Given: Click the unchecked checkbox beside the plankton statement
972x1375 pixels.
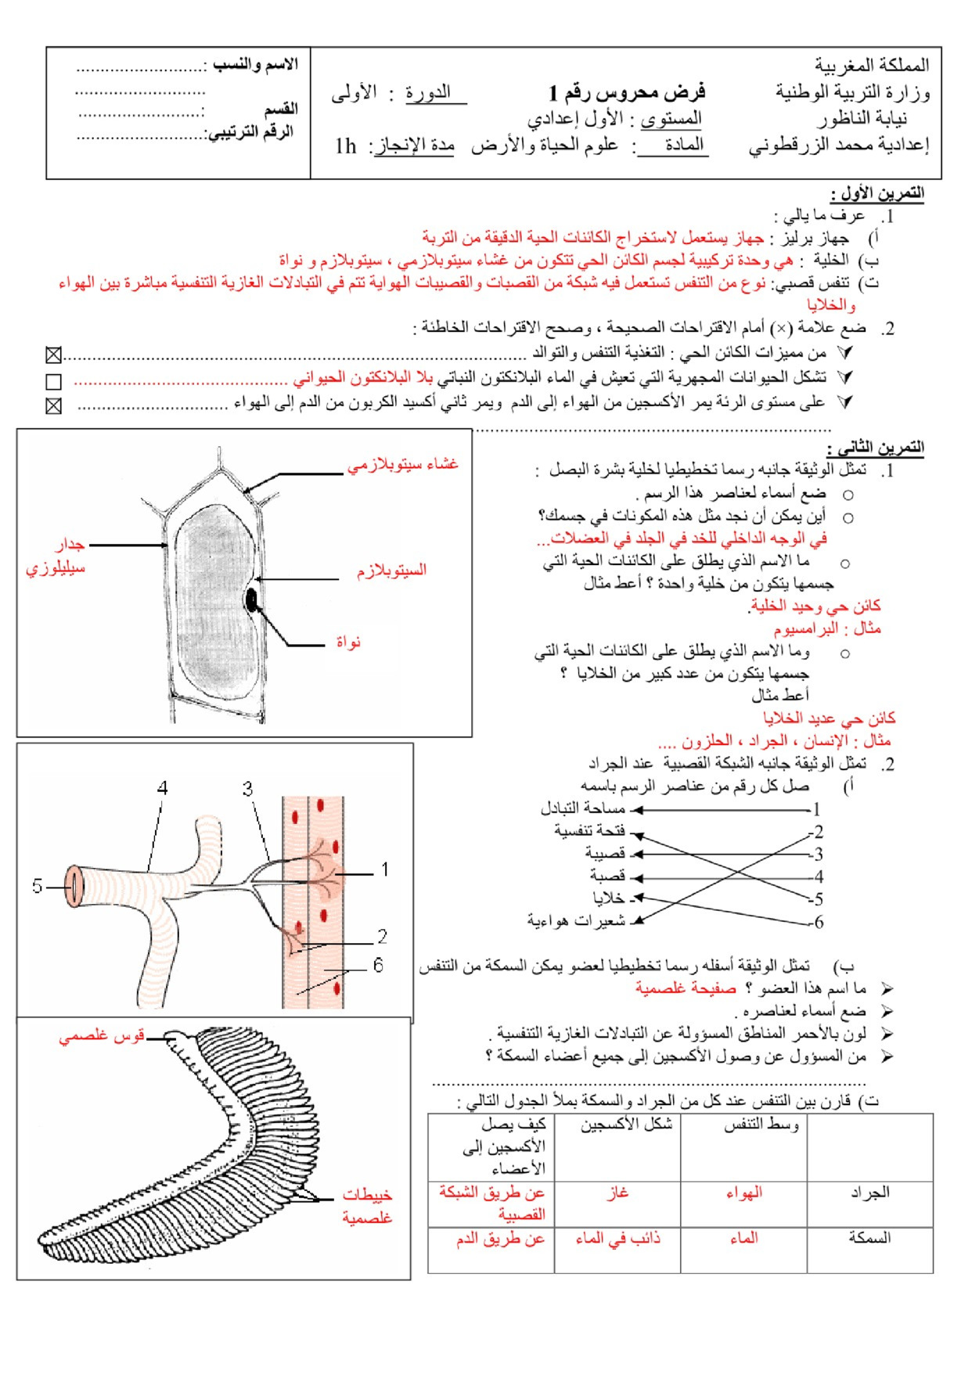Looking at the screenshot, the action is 53,382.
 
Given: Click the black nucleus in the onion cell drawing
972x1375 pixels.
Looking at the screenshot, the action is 251,601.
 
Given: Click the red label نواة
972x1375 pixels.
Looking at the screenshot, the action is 348,643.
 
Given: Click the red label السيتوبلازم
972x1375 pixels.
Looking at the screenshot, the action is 391,571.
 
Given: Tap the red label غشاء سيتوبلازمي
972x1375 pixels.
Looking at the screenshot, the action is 403,465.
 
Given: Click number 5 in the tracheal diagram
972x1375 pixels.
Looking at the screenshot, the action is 37,886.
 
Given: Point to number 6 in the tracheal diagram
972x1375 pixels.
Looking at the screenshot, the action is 378,965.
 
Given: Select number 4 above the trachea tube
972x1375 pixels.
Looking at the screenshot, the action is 162,787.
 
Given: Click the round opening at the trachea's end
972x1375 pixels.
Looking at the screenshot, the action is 74,887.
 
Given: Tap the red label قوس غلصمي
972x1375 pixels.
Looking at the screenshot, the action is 102,1036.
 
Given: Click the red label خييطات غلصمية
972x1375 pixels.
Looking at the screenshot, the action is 367,1206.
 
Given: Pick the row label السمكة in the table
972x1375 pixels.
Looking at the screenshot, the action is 869,1238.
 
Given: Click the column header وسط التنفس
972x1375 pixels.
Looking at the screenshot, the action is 761,1125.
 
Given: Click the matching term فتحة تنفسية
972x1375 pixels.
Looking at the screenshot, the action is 589,830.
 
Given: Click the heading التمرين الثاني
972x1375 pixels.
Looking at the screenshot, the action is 875,448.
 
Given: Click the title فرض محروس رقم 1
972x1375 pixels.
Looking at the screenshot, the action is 628,93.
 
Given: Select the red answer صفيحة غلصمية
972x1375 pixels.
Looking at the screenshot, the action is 686,988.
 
